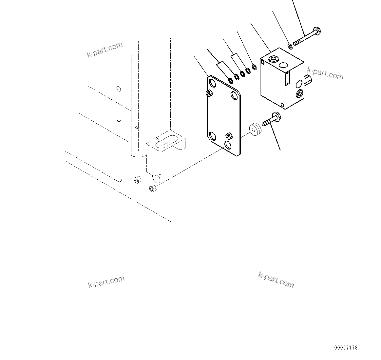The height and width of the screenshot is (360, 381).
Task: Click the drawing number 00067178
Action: point(346,348)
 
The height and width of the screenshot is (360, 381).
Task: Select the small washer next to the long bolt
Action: point(290,46)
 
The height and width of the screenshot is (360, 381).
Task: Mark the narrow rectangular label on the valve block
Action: point(287,78)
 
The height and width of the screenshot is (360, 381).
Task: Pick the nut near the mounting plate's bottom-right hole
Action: point(229,136)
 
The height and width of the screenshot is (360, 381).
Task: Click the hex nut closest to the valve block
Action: point(254,67)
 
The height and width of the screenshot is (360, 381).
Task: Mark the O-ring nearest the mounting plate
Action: point(230,80)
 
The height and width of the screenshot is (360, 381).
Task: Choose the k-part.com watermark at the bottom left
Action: point(106,282)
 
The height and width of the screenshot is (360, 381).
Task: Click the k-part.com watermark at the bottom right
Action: point(276,280)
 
